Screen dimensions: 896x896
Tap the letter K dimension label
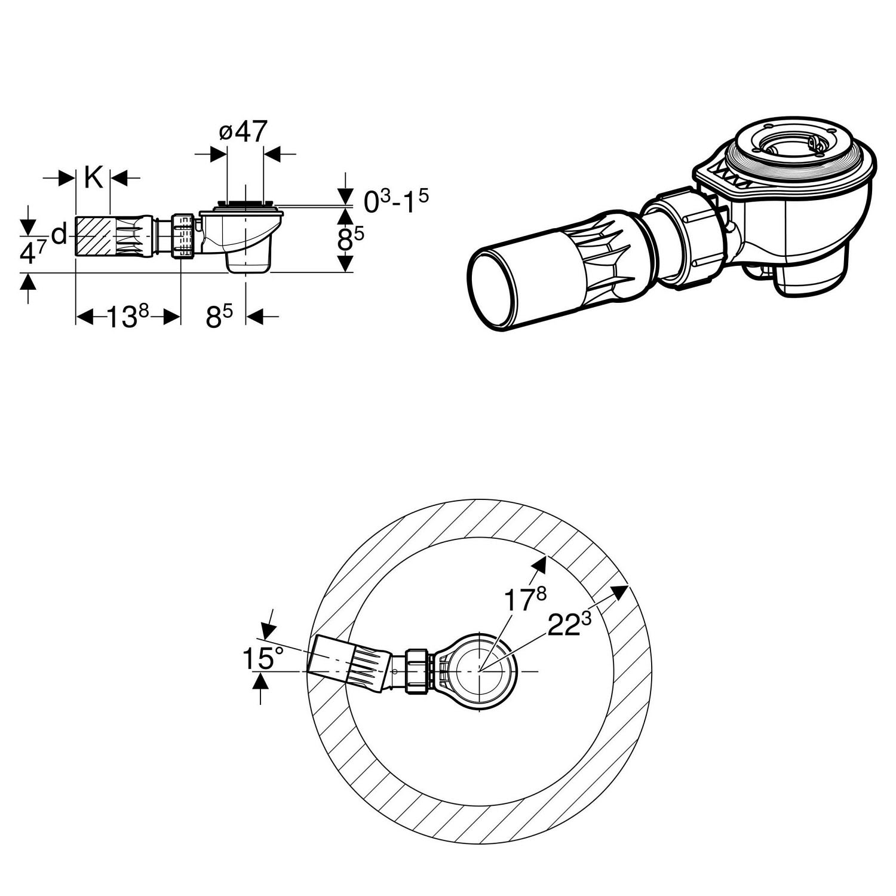pyautogui.click(x=93, y=177)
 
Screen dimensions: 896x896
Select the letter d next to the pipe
pyautogui.click(x=59, y=235)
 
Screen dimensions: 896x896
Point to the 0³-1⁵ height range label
pyautogui.click(x=396, y=202)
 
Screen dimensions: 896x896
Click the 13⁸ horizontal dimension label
pyautogui.click(x=127, y=317)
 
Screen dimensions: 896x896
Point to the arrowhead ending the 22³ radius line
pyautogui.click(x=621, y=591)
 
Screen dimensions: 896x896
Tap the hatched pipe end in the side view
pyautogui.click(x=93, y=237)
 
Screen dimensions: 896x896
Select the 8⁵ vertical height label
pyautogui.click(x=351, y=240)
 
